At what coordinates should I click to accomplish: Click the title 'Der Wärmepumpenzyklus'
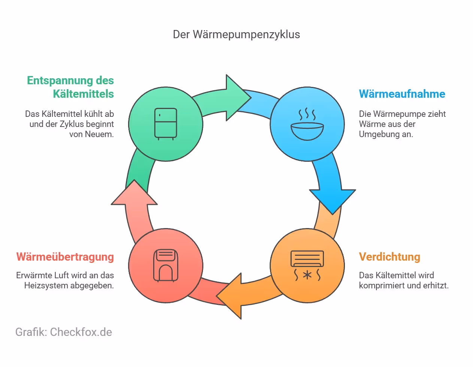[x=236, y=34]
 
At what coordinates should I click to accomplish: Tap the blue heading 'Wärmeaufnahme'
[x=402, y=94]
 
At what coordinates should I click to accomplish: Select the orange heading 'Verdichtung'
[x=389, y=257]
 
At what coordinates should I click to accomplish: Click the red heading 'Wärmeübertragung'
[x=65, y=257]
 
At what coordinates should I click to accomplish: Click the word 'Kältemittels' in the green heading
[x=83, y=94]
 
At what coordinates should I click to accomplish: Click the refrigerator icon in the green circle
[x=166, y=124]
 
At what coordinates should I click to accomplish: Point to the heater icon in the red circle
[x=166, y=266]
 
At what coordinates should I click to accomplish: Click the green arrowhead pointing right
[x=237, y=98]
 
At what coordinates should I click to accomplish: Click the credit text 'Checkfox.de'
[x=81, y=332]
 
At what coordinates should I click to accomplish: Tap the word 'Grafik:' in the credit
[x=31, y=332]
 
